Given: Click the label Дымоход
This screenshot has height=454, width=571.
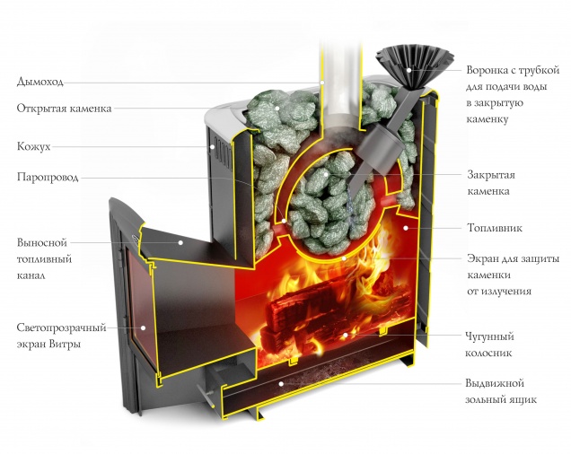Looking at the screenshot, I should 40,82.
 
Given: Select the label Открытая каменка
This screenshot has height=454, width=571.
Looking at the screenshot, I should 64,109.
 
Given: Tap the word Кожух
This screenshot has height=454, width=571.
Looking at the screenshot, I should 33,144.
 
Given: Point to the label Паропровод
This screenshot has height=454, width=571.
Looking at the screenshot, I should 48,178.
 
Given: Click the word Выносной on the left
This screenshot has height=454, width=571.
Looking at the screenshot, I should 42,242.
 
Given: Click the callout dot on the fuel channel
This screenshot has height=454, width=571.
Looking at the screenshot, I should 180,242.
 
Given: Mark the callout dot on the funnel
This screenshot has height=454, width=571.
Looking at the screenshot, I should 409,70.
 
